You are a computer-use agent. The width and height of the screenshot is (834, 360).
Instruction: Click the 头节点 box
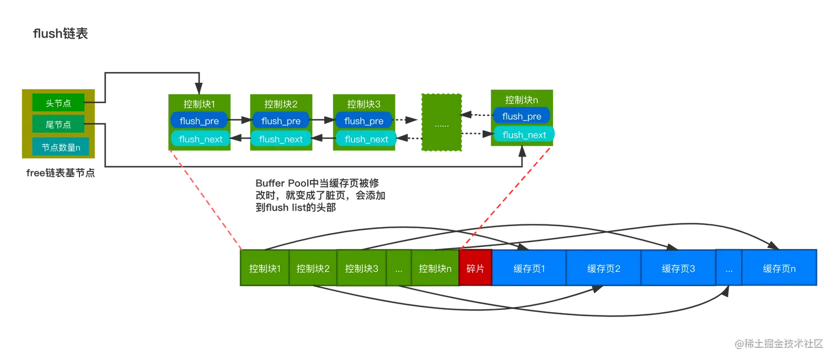click(x=58, y=103)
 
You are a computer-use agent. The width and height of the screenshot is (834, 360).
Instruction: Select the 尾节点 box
click(x=58, y=125)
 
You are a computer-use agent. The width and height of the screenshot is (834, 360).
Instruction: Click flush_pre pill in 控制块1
click(x=199, y=121)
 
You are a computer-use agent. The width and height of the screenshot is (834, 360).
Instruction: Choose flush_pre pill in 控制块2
click(x=281, y=121)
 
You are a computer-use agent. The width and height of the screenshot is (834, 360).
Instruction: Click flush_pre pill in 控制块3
click(x=363, y=121)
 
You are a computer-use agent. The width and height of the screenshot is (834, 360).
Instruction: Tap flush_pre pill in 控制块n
click(x=521, y=116)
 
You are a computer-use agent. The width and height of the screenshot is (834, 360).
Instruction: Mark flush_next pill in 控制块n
click(x=524, y=135)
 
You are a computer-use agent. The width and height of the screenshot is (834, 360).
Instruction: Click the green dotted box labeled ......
click(x=441, y=122)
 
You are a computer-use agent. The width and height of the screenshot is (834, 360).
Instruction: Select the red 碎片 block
click(x=475, y=268)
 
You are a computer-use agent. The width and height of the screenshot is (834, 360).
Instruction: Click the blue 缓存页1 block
click(x=529, y=268)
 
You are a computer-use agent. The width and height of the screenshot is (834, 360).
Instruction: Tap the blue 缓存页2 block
click(x=603, y=268)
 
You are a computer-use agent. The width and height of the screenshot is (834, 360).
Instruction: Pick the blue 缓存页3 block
click(x=678, y=268)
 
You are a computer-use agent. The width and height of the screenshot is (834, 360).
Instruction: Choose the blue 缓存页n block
click(x=779, y=268)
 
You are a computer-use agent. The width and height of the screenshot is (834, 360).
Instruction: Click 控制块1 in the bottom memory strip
click(x=265, y=268)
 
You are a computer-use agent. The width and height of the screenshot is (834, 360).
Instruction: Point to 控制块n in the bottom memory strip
click(x=435, y=268)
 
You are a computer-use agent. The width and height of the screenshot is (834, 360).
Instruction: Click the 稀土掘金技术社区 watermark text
click(x=782, y=342)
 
